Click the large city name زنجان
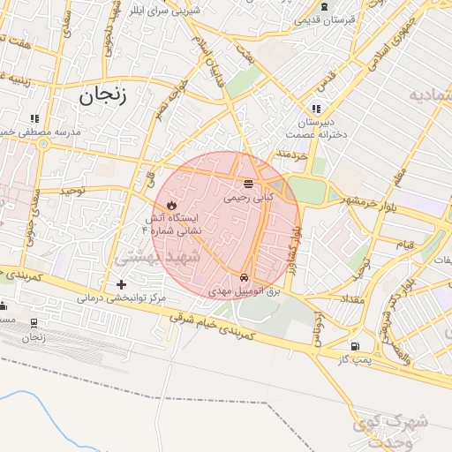click(102, 96)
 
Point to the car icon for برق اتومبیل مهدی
click(244, 276)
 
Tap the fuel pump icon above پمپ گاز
click(354, 347)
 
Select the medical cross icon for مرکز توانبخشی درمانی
click(122, 284)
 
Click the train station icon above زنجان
click(34, 323)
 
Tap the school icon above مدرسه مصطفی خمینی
click(34, 117)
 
